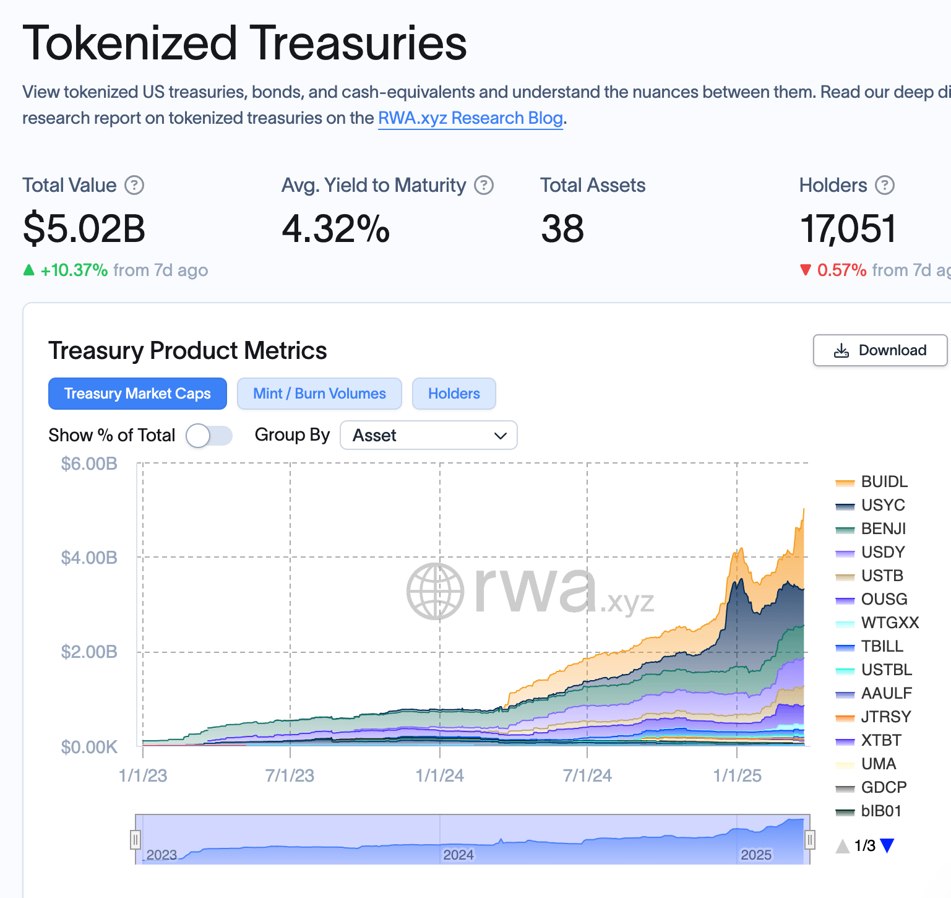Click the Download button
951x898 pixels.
tap(880, 350)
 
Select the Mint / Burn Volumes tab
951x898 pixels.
tap(319, 394)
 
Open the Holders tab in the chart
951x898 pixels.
tap(454, 394)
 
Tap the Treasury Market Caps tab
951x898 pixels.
tap(137, 394)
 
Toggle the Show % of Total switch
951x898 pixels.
tap(209, 436)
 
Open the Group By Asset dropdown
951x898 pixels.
tap(428, 436)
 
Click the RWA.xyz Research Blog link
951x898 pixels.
tap(470, 118)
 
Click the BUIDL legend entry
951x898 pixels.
tap(884, 481)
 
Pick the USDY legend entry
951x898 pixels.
tap(882, 552)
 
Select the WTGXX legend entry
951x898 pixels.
tap(889, 623)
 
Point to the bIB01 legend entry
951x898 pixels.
tap(880, 811)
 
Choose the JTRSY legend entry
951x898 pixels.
tap(885, 717)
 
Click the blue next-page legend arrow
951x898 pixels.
tap(887, 846)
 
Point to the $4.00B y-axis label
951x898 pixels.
tap(89, 558)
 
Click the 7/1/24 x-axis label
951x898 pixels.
tap(587, 775)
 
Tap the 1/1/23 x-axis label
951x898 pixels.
tap(143, 775)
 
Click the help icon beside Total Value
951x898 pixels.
tap(134, 185)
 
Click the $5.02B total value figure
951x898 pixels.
tap(84, 228)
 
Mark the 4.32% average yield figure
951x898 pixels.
tap(335, 228)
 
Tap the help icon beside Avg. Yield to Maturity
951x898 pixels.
tap(484, 185)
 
